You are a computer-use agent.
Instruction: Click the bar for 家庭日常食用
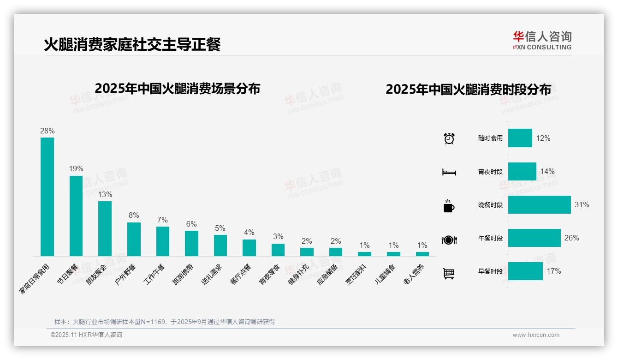point(47,197)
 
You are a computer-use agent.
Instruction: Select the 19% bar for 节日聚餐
point(76,216)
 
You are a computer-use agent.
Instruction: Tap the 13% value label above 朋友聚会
point(105,194)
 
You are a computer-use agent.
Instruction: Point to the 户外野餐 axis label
point(126,274)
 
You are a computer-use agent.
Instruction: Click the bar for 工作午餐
point(162,241)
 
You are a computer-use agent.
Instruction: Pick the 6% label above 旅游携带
point(191,224)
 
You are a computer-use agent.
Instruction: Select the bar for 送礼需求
point(220,245)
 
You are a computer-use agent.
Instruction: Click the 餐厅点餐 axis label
point(241,274)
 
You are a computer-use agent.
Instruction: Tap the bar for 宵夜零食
point(278,249)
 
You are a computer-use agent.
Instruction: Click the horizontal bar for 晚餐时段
point(539,204)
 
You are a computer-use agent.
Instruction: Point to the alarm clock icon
point(449,138)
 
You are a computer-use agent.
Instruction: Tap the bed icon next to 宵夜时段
point(449,172)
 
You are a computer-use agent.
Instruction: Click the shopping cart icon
point(449,273)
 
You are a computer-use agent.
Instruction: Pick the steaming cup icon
point(449,206)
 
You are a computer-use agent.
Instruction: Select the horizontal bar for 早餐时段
point(525,271)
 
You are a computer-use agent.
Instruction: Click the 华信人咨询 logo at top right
point(542,40)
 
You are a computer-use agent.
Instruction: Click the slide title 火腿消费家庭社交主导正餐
point(132,44)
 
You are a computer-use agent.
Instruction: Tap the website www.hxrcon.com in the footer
point(536,335)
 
